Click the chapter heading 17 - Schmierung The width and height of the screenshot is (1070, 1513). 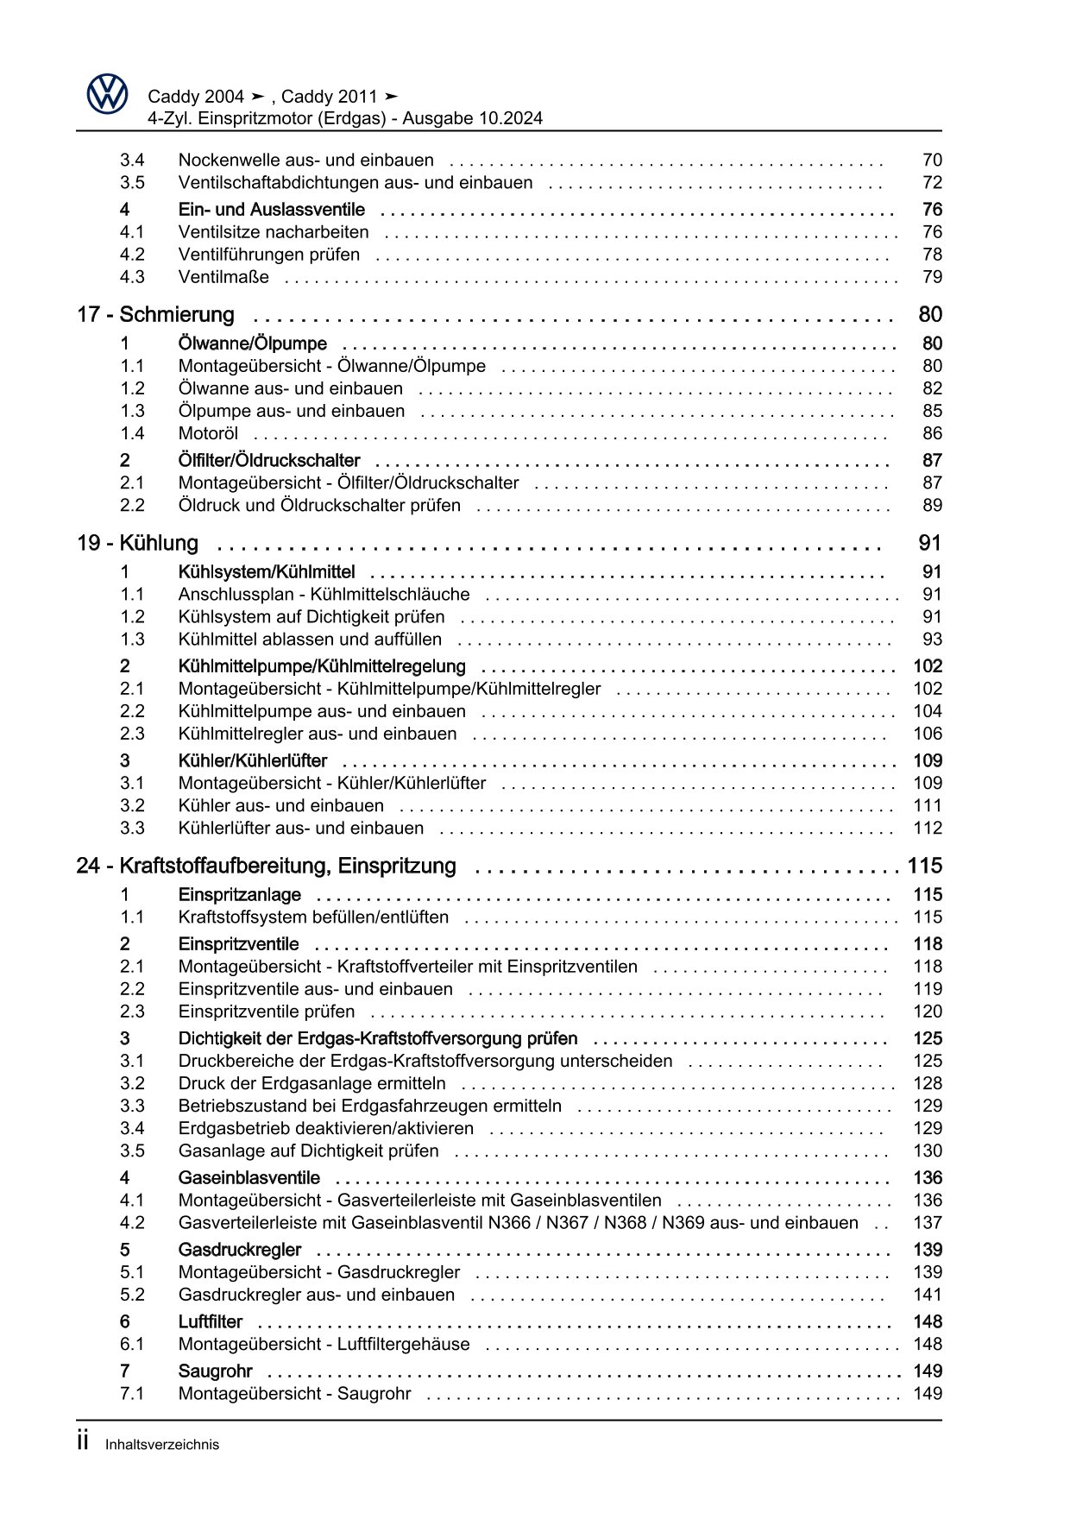pyautogui.click(x=156, y=315)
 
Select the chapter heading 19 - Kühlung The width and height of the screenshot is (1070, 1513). pyautogui.click(x=138, y=544)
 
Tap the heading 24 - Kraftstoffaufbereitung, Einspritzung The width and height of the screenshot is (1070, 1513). pyautogui.click(x=267, y=867)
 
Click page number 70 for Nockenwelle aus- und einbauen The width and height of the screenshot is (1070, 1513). pyautogui.click(x=932, y=161)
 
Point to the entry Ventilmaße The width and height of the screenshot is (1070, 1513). pyautogui.click(x=223, y=277)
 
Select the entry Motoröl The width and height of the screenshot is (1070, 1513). pyautogui.click(x=208, y=434)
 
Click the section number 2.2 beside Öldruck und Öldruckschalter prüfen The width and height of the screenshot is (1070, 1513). pyautogui.click(x=132, y=506)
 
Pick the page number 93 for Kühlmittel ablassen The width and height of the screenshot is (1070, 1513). pyautogui.click(x=932, y=640)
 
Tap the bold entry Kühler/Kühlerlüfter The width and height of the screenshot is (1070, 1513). pyautogui.click(x=253, y=761)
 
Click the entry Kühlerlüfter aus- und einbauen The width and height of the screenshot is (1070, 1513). pyautogui.click(x=301, y=829)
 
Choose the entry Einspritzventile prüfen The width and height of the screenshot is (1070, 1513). pyautogui.click(x=267, y=1012)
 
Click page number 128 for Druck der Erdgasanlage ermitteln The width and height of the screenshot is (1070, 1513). pyautogui.click(x=928, y=1084)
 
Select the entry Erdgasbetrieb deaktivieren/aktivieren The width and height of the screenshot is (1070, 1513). pyautogui.click(x=326, y=1129)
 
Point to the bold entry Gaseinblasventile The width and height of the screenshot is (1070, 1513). pyautogui.click(x=249, y=1178)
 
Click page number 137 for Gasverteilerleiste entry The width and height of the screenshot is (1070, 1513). pyautogui.click(x=928, y=1223)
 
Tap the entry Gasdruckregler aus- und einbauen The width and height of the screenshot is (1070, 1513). pyautogui.click(x=317, y=1296)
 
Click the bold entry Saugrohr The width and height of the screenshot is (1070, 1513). pyautogui.click(x=216, y=1371)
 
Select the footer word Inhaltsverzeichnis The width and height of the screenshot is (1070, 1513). pyautogui.click(x=162, y=1445)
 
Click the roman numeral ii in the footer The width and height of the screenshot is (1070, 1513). pyautogui.click(x=83, y=1441)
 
